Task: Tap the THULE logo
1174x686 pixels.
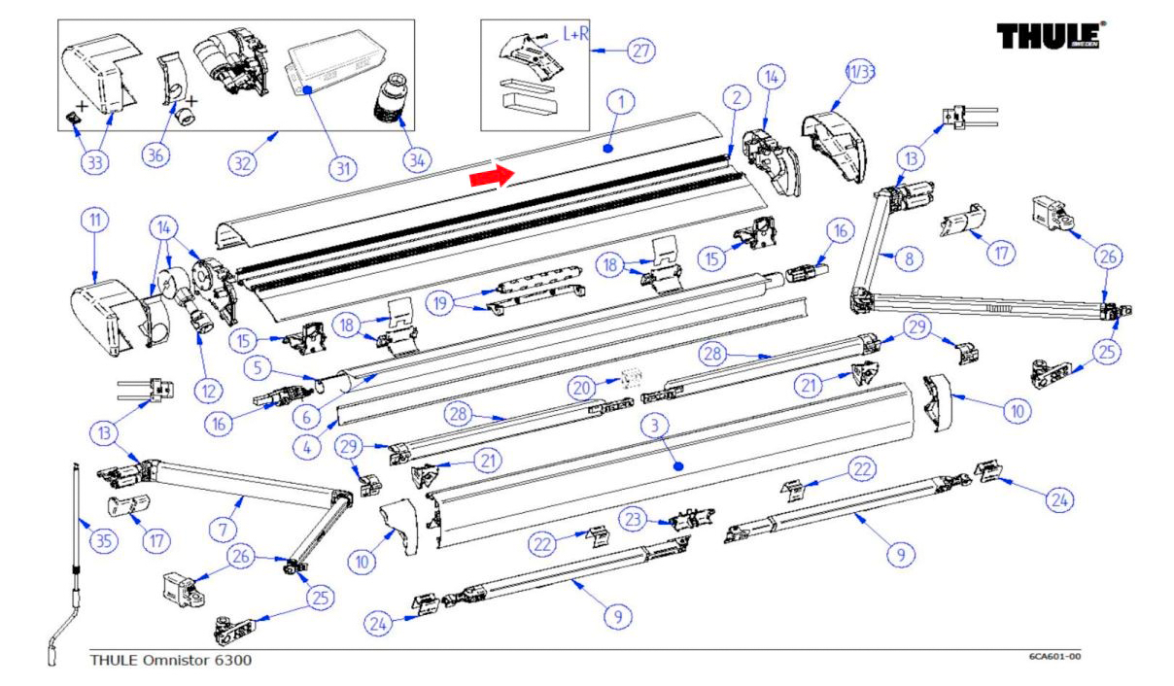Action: pos(1053,37)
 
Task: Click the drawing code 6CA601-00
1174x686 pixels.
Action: pos(1054,657)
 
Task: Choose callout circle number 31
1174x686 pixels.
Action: pos(341,167)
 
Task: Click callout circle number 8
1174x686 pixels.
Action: pos(908,259)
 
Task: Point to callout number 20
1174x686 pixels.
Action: pos(583,388)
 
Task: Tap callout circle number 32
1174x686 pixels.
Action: pos(243,164)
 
